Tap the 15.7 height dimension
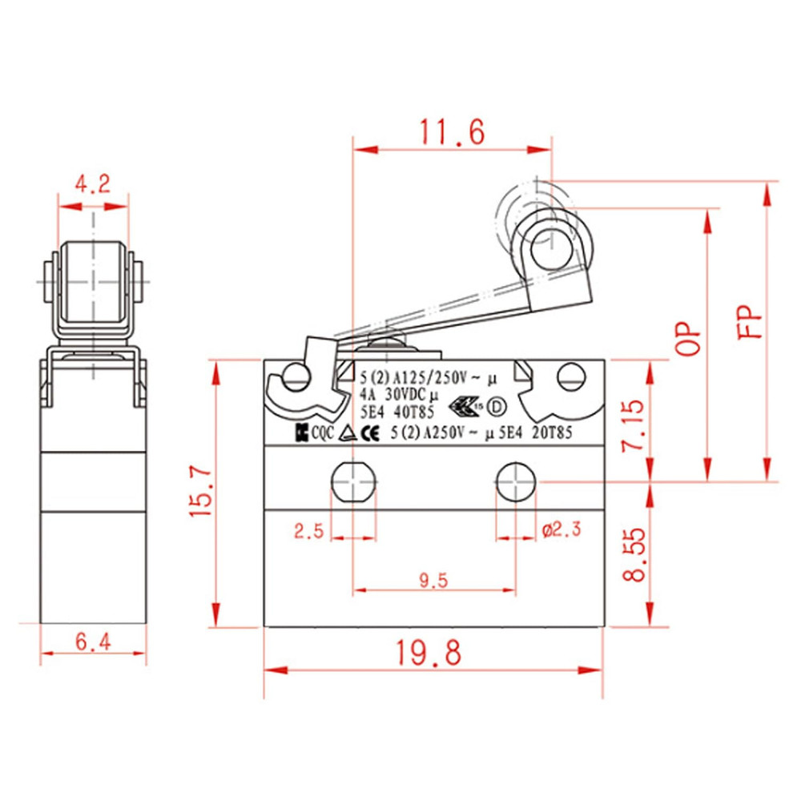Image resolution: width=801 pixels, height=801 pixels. pyautogui.click(x=200, y=494)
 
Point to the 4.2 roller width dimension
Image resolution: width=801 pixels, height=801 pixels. pyautogui.click(x=92, y=185)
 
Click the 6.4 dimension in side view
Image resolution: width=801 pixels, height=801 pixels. pyautogui.click(x=93, y=640)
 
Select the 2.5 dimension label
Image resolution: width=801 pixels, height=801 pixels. pyautogui.click(x=308, y=530)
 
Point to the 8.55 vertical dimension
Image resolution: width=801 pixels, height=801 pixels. pyautogui.click(x=632, y=555)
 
